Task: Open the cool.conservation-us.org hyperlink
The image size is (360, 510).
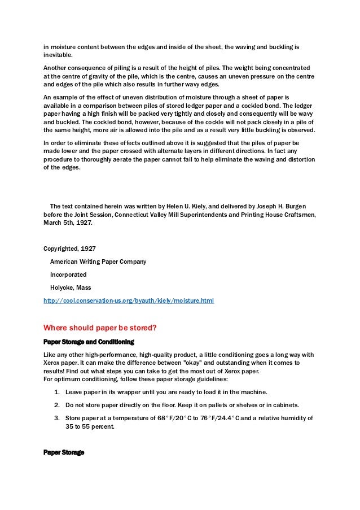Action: [x=129, y=300]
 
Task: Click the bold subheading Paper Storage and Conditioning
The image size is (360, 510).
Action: [x=89, y=342]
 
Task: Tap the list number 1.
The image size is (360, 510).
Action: [x=57, y=391]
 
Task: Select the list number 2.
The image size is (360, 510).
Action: [x=57, y=405]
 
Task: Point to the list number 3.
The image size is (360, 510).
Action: [x=57, y=418]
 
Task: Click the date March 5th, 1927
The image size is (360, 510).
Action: [x=67, y=223]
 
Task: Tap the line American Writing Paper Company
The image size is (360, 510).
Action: [x=98, y=261]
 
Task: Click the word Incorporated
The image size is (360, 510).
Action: [x=68, y=274]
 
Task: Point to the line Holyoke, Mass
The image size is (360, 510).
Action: [x=71, y=287]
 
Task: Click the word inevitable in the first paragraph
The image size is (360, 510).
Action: [x=58, y=55]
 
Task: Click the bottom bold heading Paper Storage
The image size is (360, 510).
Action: [x=64, y=452]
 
